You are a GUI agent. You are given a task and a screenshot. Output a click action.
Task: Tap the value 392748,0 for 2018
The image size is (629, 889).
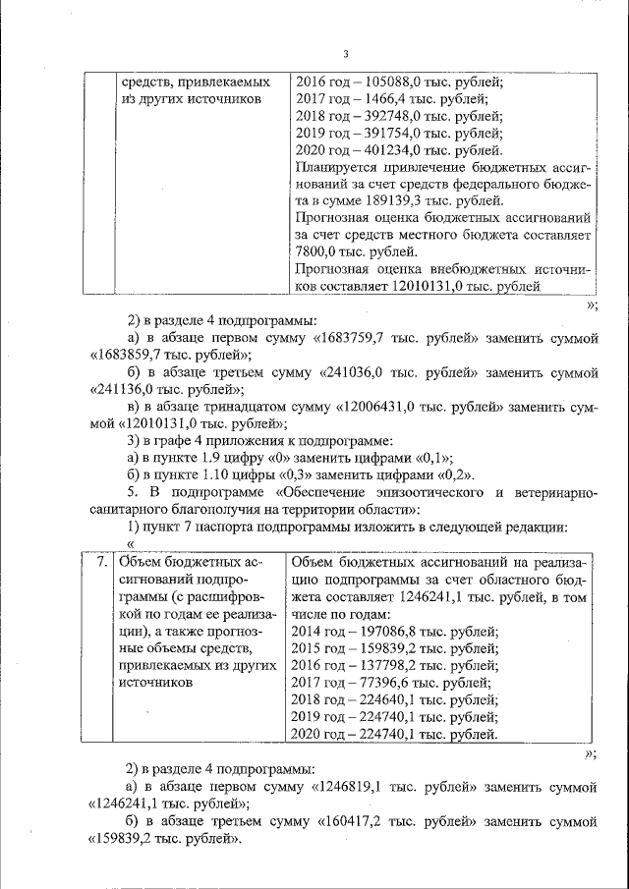(x=389, y=116)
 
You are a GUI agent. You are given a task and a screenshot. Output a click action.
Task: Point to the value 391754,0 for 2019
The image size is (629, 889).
(x=389, y=134)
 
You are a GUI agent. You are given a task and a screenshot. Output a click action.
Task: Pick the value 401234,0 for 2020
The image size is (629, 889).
(x=389, y=151)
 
